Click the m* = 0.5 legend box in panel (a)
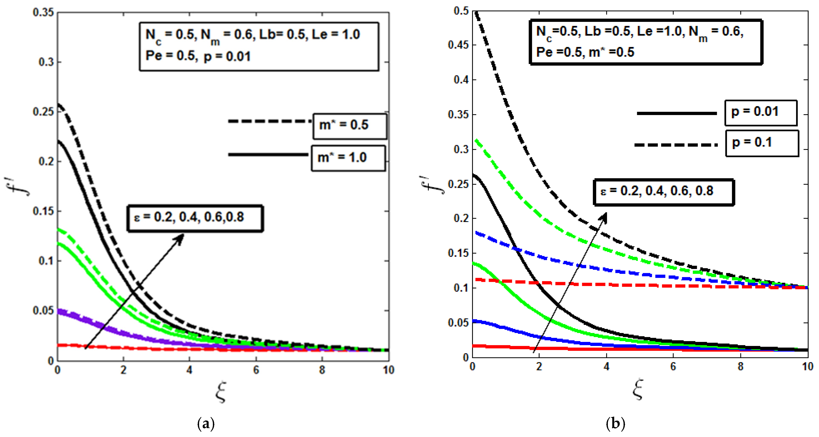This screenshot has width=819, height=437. coord(350,126)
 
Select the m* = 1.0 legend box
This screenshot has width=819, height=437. coord(348,158)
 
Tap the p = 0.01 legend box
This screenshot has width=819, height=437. coord(761,113)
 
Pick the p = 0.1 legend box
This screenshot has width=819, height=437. coord(762,143)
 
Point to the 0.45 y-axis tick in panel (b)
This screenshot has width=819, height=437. coord(458,45)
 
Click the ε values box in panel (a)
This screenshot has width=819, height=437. coord(195,218)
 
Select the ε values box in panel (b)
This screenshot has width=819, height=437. coord(663,192)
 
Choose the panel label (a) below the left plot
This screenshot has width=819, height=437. coord(206,423)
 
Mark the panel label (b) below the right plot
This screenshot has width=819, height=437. coord(615,423)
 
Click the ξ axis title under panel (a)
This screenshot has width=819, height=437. coord(221,392)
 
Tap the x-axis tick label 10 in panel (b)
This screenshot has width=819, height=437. coord(808,367)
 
